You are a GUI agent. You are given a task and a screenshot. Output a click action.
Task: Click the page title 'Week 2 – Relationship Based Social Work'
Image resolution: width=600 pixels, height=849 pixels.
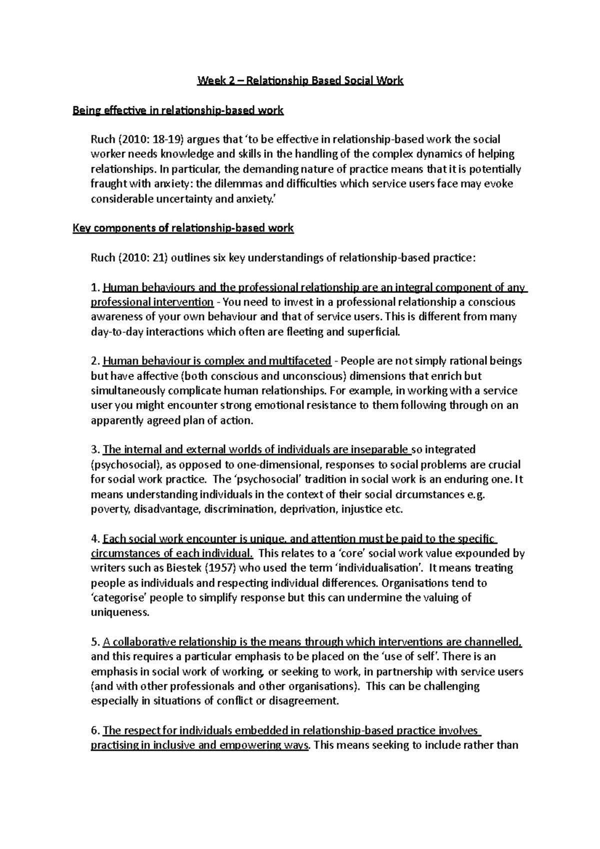click(300, 80)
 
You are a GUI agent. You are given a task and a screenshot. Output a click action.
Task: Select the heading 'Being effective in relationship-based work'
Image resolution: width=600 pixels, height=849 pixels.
click(178, 110)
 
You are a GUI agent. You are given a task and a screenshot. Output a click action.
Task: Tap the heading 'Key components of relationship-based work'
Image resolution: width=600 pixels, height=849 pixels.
click(183, 228)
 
